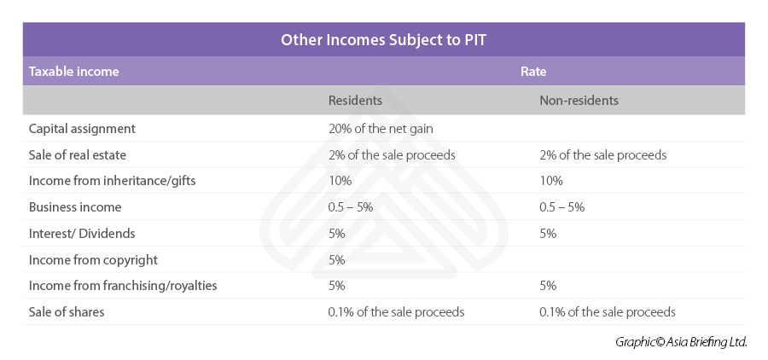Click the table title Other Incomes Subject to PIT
383,39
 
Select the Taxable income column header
73,72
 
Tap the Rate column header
533,72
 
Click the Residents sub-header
355,101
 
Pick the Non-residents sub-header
579,101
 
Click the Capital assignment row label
82,129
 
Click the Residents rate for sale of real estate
392,155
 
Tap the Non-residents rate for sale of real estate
602,155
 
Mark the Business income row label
75,207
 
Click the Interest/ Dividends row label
82,233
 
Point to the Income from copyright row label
93,259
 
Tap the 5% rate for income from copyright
336,259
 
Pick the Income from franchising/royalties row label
123,286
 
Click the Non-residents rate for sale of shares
607,312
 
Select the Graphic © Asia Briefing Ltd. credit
681,342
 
